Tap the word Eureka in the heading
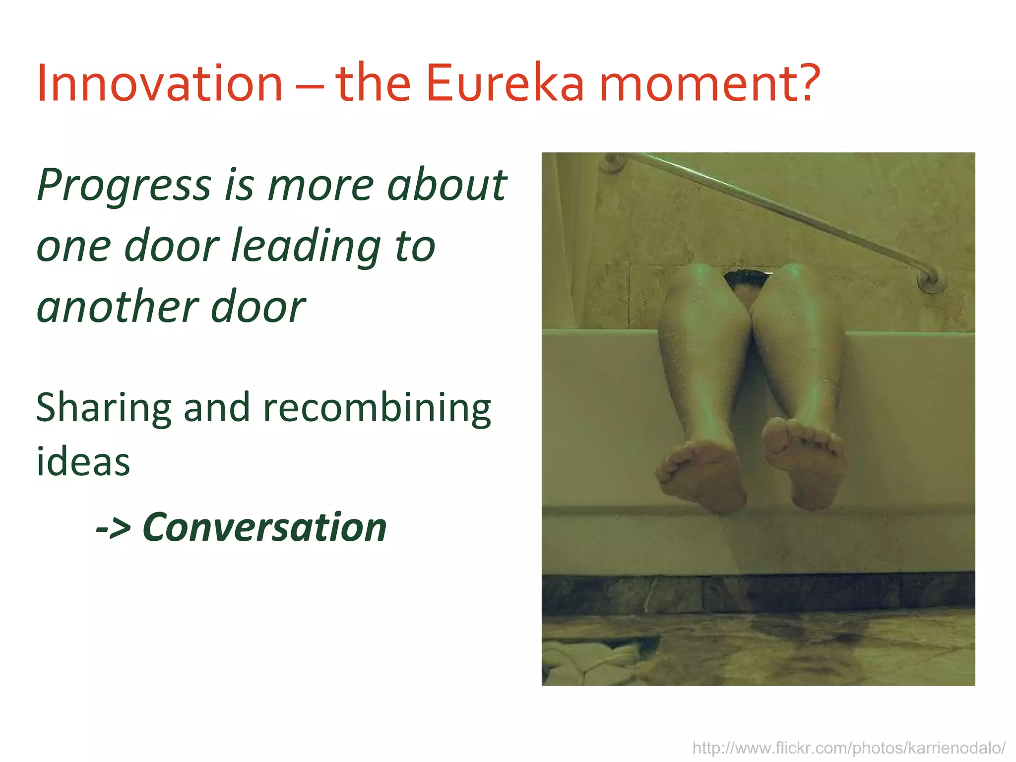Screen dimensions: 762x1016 click(505, 83)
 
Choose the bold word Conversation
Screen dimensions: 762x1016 click(264, 527)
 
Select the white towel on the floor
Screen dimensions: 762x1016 click(588, 662)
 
